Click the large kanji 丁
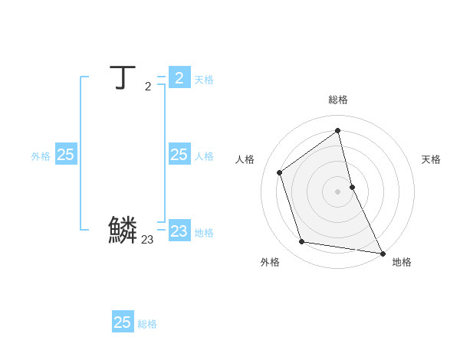pos(121,78)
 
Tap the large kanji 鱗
pos(123,230)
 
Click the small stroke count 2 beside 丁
pos(148,87)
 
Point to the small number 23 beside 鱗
pos(147,240)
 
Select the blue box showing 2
pos(179,77)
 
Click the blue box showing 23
pos(179,231)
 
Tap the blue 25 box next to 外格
pos(66,155)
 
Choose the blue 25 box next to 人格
pos(179,155)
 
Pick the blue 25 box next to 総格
pos(123,322)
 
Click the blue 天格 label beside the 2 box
pos(204,80)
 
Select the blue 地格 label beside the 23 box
pos(204,233)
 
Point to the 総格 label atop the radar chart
pos(338,100)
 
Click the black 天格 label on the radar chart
pos(431,159)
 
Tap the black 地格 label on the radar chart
pos(402,262)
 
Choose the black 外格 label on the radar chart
pos(270,262)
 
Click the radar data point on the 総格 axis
pos(338,130)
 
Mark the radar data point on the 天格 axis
pos(352,187)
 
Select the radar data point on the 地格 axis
pos(383,253)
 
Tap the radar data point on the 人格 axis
pos(280,172)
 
